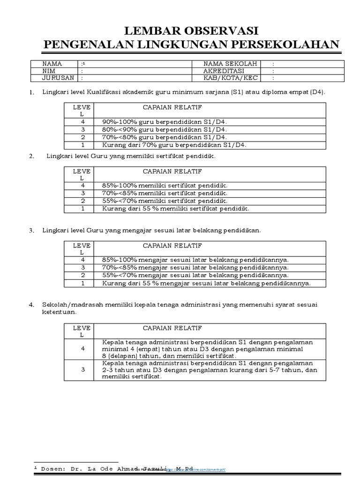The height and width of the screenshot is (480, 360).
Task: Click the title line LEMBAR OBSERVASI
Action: coord(191,31)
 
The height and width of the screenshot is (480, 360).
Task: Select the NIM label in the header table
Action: coord(49,71)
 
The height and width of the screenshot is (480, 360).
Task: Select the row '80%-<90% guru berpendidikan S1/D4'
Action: coord(164,129)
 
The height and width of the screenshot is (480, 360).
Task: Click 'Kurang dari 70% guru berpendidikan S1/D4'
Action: coord(174,145)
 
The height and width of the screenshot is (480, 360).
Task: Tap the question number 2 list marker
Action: coord(31,157)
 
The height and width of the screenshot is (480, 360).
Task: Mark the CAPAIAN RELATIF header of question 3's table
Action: coord(172,245)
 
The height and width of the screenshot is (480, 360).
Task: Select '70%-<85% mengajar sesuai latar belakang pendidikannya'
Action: coord(195,268)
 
